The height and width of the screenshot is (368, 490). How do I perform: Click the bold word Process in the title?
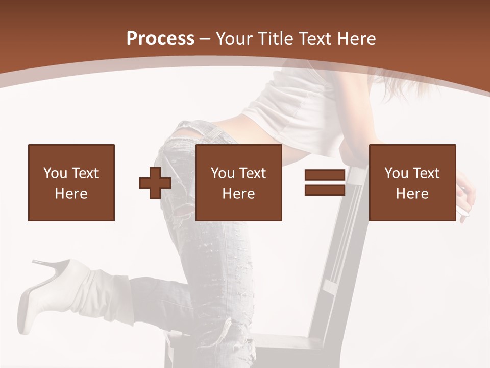pos(160,39)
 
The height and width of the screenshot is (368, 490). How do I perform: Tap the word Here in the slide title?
pos(357,39)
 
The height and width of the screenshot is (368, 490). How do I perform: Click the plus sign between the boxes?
pos(155,182)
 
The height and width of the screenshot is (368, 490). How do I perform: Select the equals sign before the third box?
pos(325,182)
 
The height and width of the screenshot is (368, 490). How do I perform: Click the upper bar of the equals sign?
pos(325,175)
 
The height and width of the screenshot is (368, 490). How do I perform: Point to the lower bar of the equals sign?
pos(325,190)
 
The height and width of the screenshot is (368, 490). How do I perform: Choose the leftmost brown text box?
pos(71,182)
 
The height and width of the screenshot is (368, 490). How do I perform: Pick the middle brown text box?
pos(239,182)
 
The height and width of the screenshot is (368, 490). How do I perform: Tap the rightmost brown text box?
pos(412,182)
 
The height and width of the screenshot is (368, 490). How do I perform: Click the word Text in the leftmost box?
pos(84,173)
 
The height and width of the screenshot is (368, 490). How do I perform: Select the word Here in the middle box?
pos(239,194)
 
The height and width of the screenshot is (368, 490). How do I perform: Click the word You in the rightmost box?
pos(396,173)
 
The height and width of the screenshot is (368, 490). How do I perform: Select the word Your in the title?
pos(234,39)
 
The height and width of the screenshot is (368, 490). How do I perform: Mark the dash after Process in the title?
pos(205,39)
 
